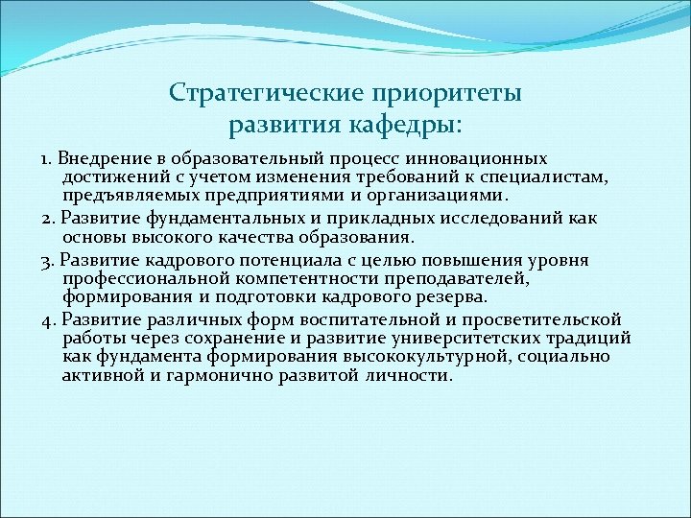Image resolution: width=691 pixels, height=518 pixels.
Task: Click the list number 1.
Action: click(x=45, y=158)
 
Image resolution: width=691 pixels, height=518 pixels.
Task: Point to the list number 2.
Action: click(x=47, y=219)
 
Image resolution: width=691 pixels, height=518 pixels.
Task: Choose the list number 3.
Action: click(x=47, y=260)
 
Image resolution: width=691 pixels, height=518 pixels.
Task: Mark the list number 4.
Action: click(x=47, y=319)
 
